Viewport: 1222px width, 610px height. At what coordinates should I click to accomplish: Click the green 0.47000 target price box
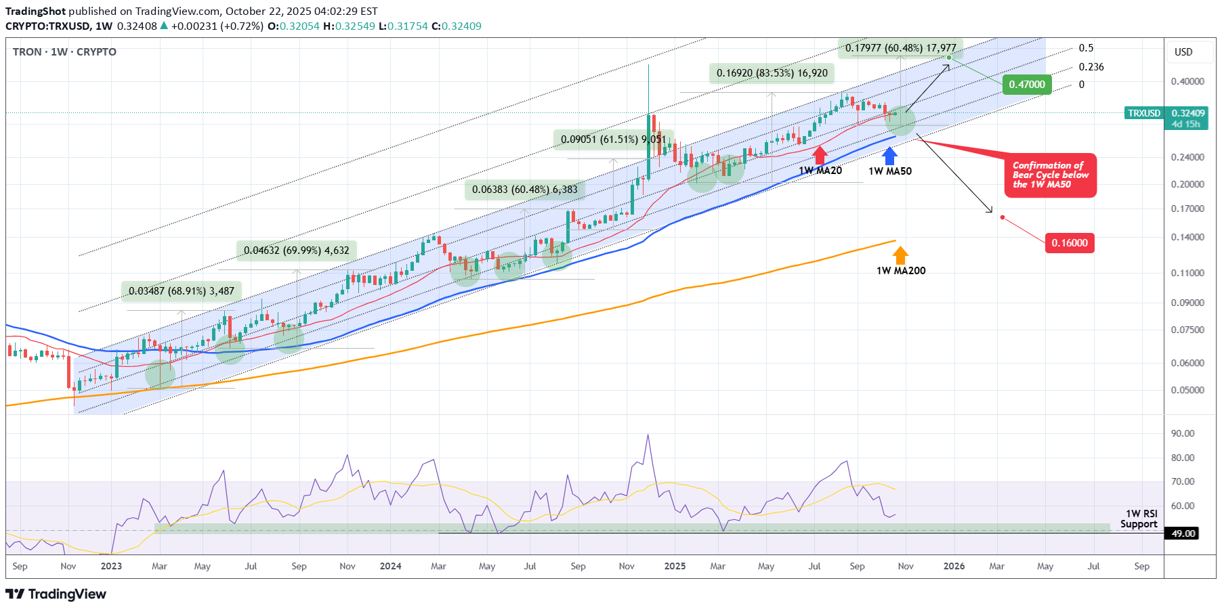tap(1027, 85)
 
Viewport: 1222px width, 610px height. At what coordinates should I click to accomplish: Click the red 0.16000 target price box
tap(1070, 243)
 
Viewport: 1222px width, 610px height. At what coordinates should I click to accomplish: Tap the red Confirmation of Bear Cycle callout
tap(1050, 175)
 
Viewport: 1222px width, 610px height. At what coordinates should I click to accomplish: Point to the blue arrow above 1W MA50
tap(889, 156)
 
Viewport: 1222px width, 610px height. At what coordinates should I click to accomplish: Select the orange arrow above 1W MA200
tap(900, 255)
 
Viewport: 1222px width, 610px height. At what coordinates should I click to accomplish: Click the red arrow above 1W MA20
tap(820, 154)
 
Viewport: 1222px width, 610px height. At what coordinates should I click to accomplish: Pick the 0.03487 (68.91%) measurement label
tap(182, 291)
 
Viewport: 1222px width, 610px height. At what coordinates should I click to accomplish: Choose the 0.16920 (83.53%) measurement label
tap(772, 73)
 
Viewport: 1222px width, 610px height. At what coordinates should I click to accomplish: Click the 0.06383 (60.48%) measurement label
tap(525, 190)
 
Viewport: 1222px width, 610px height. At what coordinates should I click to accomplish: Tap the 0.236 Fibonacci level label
tap(1091, 67)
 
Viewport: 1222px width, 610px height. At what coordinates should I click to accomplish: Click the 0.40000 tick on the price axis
tap(1187, 81)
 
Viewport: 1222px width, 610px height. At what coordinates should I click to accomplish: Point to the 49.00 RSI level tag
tap(1183, 533)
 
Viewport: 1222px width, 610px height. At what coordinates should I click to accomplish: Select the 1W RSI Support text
tap(1139, 519)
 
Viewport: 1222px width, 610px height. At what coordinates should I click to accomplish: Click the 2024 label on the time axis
tap(390, 566)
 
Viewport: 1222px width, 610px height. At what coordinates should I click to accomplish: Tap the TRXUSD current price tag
tap(1166, 113)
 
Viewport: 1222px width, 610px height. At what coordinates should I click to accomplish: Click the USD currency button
tap(1183, 52)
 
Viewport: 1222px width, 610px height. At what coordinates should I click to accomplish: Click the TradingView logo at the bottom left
tap(56, 594)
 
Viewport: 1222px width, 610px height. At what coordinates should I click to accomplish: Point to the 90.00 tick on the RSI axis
tap(1183, 433)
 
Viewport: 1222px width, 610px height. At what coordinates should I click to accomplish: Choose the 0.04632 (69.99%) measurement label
tap(297, 250)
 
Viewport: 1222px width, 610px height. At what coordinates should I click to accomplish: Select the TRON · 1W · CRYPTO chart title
tap(64, 52)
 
